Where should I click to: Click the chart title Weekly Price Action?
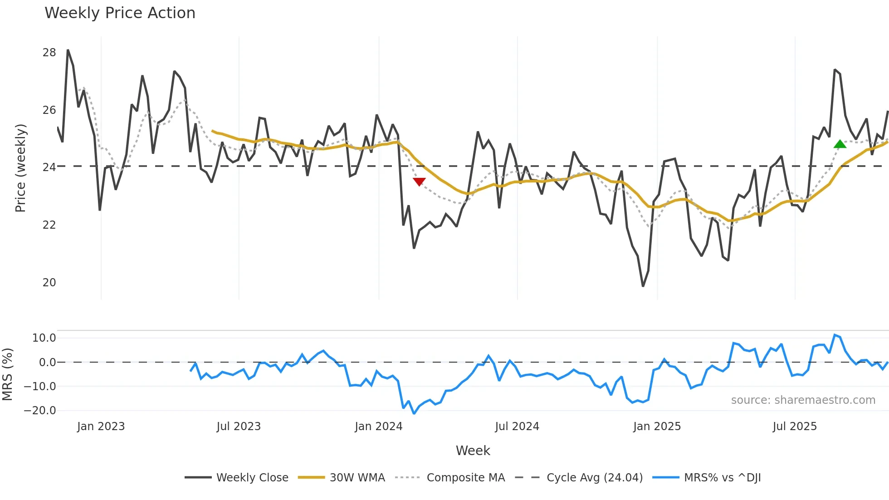tap(120, 13)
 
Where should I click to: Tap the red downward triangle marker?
tap(419, 181)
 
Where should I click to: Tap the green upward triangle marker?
tap(840, 144)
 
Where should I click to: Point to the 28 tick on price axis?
tap(49, 53)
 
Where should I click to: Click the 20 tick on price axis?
tap(49, 282)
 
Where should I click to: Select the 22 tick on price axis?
tap(49, 225)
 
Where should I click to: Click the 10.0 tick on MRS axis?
tap(44, 338)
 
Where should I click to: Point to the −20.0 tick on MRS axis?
tap(40, 411)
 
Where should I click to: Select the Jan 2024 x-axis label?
tap(378, 426)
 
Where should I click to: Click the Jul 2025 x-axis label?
tap(795, 426)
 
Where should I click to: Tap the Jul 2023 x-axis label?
tap(239, 426)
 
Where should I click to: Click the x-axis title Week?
tap(473, 451)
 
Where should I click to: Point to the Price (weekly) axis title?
tap(20, 168)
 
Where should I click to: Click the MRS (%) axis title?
tap(7, 374)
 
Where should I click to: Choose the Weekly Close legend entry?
tap(252, 478)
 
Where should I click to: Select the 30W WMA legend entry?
tap(357, 478)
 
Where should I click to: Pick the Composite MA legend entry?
tap(465, 478)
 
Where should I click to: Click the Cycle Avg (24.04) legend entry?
tap(594, 478)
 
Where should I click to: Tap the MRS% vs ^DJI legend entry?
tap(722, 478)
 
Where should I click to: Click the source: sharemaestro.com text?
tap(803, 400)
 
